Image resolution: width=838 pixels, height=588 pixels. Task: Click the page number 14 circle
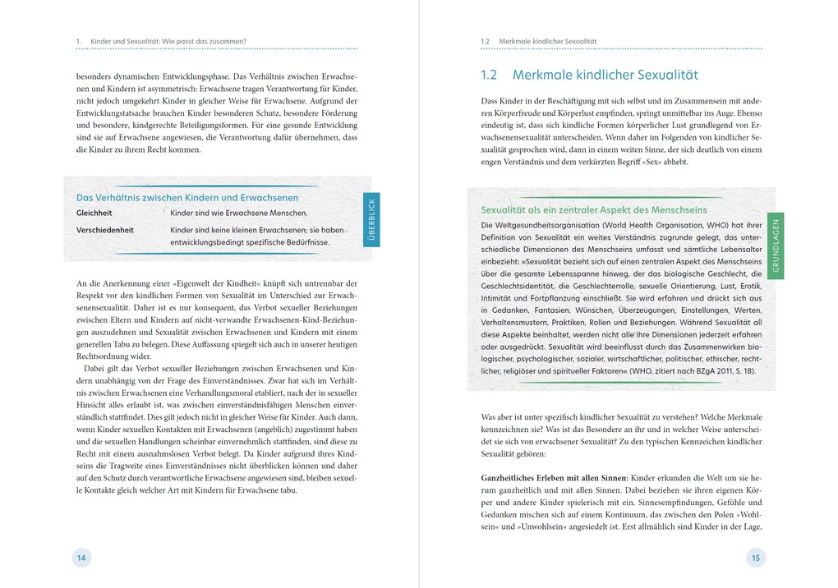click(x=81, y=558)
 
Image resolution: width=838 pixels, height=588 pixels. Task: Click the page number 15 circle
click(x=756, y=558)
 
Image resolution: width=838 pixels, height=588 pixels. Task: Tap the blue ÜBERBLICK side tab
click(x=371, y=220)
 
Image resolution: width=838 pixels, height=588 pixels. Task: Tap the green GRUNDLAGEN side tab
click(x=776, y=246)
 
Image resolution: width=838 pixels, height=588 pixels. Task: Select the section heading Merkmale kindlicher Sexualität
click(x=605, y=75)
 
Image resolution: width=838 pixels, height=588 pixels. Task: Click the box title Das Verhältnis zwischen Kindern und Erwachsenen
click(x=187, y=197)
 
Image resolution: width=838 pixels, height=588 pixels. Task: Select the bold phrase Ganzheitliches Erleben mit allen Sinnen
click(x=554, y=477)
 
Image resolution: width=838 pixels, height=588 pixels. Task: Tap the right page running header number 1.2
click(x=485, y=40)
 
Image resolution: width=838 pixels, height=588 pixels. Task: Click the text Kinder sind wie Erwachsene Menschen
click(x=239, y=213)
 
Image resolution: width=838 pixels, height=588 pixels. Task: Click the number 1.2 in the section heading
click(x=489, y=75)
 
